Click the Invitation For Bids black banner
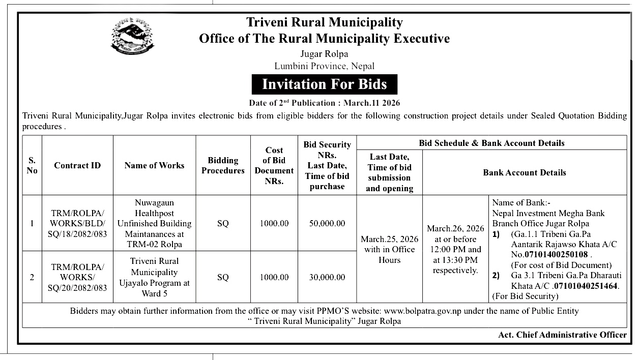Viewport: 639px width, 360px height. click(324, 84)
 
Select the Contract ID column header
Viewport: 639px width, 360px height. click(77, 165)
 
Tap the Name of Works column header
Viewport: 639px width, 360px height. click(154, 165)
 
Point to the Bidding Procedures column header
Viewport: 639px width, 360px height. click(223, 165)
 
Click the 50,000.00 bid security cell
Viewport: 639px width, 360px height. click(327, 223)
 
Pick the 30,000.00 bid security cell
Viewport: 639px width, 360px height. click(327, 277)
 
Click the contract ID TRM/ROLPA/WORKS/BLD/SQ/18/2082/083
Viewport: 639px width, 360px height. click(77, 223)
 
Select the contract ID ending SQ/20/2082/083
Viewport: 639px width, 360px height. click(77, 277)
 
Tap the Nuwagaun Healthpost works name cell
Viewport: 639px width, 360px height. click(154, 223)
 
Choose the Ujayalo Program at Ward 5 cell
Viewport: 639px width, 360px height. click(154, 277)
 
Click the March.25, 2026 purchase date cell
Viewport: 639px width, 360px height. click(389, 249)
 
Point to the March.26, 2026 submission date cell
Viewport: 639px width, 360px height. click(455, 249)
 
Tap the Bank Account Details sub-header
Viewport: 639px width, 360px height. click(524, 172)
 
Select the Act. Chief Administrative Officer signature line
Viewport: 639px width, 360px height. click(562, 334)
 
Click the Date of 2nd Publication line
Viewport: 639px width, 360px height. click(324, 103)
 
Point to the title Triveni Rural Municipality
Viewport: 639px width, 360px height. click(324, 22)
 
